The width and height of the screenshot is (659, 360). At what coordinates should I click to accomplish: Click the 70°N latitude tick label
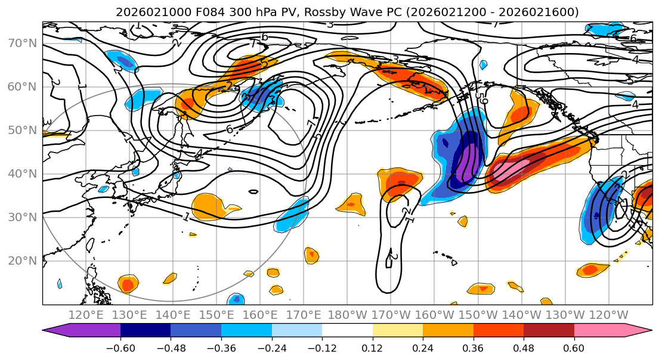pyautogui.click(x=22, y=44)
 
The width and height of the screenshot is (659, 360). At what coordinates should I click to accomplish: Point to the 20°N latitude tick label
pyautogui.click(x=22, y=260)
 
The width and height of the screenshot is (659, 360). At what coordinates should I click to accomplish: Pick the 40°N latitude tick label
pyautogui.click(x=22, y=174)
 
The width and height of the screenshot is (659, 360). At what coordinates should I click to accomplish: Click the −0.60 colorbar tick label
pyautogui.click(x=120, y=347)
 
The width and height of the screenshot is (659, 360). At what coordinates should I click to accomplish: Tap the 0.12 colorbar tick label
pyautogui.click(x=372, y=347)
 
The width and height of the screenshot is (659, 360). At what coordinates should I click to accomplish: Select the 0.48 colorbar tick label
pyautogui.click(x=523, y=347)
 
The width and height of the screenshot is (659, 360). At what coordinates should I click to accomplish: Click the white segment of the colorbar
pyautogui.click(x=347, y=331)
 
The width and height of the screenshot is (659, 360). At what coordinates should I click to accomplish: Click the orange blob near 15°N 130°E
pyautogui.click(x=128, y=283)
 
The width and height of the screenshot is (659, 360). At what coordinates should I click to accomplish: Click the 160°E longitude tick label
pyautogui.click(x=261, y=315)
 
